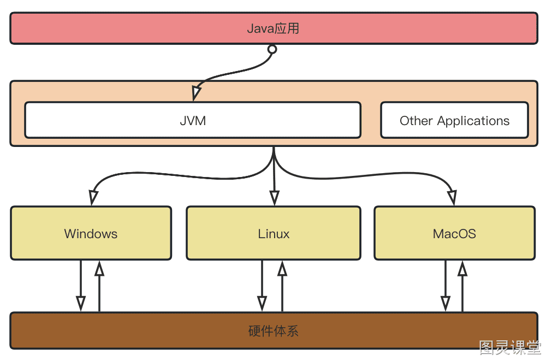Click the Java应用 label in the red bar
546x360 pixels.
[273, 28]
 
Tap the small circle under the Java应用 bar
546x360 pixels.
[272, 49]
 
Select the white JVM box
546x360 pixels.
[193, 120]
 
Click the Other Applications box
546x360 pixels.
[454, 120]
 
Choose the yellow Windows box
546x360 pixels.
[91, 233]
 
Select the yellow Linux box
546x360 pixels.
[274, 233]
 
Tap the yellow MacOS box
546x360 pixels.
[454, 233]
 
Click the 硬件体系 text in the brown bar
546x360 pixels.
[274, 331]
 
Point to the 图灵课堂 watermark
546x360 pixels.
[510, 347]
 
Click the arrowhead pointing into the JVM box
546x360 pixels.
[196, 93]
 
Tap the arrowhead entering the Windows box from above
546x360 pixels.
[93, 198]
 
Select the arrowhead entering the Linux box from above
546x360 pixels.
[275, 198]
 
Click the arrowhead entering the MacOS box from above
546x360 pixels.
[452, 198]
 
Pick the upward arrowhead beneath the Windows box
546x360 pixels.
[99, 268]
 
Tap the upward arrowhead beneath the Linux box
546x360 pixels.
[282, 268]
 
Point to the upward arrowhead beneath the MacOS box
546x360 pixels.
[462, 268]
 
